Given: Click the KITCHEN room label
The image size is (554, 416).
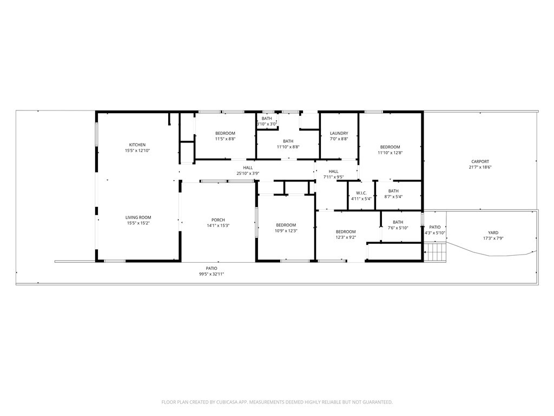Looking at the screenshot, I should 137,145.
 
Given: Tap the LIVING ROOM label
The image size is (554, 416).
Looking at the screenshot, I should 138,217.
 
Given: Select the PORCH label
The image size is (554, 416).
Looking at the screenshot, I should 218,220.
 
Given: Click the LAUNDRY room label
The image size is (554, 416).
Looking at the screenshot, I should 339,133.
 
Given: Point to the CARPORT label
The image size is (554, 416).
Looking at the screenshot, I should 480,161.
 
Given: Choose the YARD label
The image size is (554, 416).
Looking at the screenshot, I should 493,233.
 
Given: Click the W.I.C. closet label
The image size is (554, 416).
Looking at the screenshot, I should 361,193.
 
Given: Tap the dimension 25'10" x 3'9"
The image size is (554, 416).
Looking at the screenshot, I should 248,173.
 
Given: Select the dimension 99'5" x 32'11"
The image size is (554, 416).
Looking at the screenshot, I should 211,274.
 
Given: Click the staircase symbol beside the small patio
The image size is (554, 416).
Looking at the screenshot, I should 434,252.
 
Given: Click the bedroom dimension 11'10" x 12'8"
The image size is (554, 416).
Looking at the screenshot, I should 390,153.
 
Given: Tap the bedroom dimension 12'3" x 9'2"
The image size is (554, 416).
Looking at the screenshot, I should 345,237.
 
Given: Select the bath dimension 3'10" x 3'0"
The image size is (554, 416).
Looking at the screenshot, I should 267,124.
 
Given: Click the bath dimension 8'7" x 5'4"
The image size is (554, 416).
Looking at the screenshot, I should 393,197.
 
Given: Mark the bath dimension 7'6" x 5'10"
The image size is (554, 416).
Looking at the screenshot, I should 398,227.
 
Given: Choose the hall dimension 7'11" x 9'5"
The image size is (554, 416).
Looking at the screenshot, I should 333,177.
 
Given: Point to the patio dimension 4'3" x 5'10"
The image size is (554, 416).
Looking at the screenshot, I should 434,233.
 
